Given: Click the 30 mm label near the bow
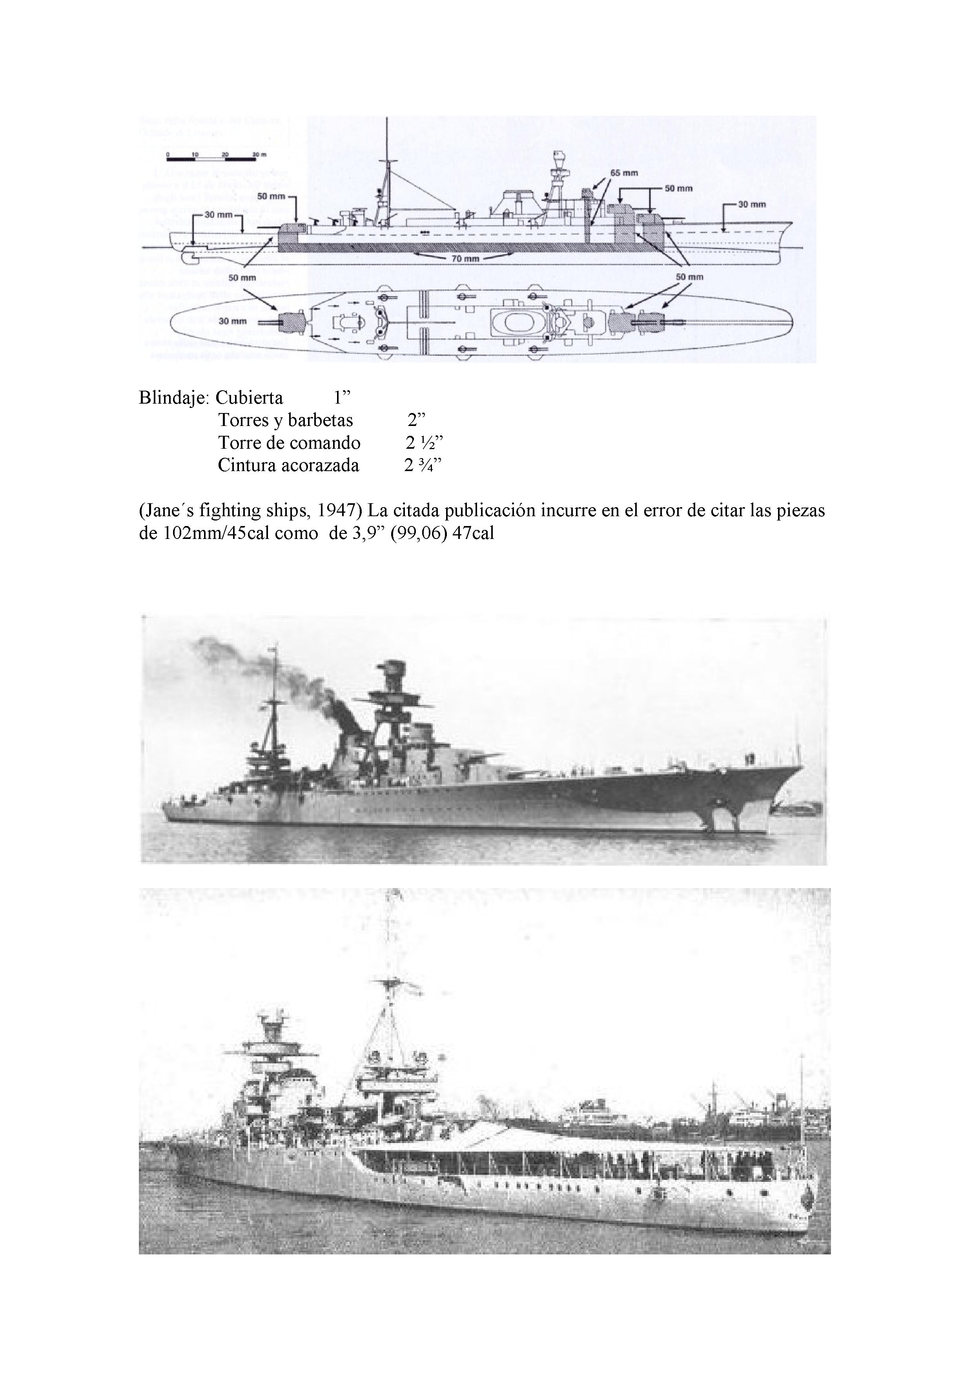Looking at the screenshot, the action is [752, 204].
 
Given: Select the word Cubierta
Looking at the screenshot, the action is [250, 398].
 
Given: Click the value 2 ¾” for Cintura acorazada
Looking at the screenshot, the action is [423, 466].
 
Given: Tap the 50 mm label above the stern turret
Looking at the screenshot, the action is [271, 196].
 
